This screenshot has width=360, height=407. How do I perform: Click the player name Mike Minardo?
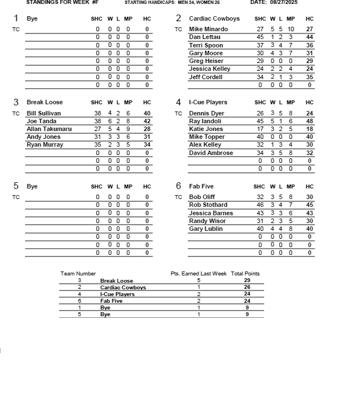(x=208, y=29)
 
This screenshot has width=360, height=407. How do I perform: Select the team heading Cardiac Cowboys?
(x=214, y=18)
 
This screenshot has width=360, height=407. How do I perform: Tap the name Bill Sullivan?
(x=43, y=113)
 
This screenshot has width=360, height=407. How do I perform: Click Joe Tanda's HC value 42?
(x=147, y=121)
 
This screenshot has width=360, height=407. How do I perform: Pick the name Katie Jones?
(x=206, y=129)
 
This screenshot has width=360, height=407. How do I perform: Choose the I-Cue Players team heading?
(x=208, y=102)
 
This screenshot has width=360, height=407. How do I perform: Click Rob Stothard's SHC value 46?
(x=260, y=205)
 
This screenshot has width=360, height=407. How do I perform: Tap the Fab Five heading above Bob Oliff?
(x=201, y=186)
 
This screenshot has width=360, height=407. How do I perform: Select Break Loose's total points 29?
(x=247, y=280)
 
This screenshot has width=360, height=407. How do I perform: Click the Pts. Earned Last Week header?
(x=198, y=274)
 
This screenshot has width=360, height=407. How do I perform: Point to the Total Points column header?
(x=245, y=274)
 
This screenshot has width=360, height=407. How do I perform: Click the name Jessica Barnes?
(x=211, y=213)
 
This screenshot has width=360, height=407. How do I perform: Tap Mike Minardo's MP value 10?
(x=290, y=29)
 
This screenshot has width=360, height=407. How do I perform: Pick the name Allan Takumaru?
(x=49, y=129)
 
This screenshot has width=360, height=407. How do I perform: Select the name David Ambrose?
(x=211, y=153)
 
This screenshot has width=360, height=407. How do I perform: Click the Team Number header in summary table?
(x=78, y=274)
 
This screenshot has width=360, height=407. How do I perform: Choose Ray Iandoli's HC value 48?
(x=309, y=121)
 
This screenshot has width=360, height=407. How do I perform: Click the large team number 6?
(x=178, y=186)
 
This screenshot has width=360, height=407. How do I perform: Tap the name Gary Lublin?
(x=206, y=229)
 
